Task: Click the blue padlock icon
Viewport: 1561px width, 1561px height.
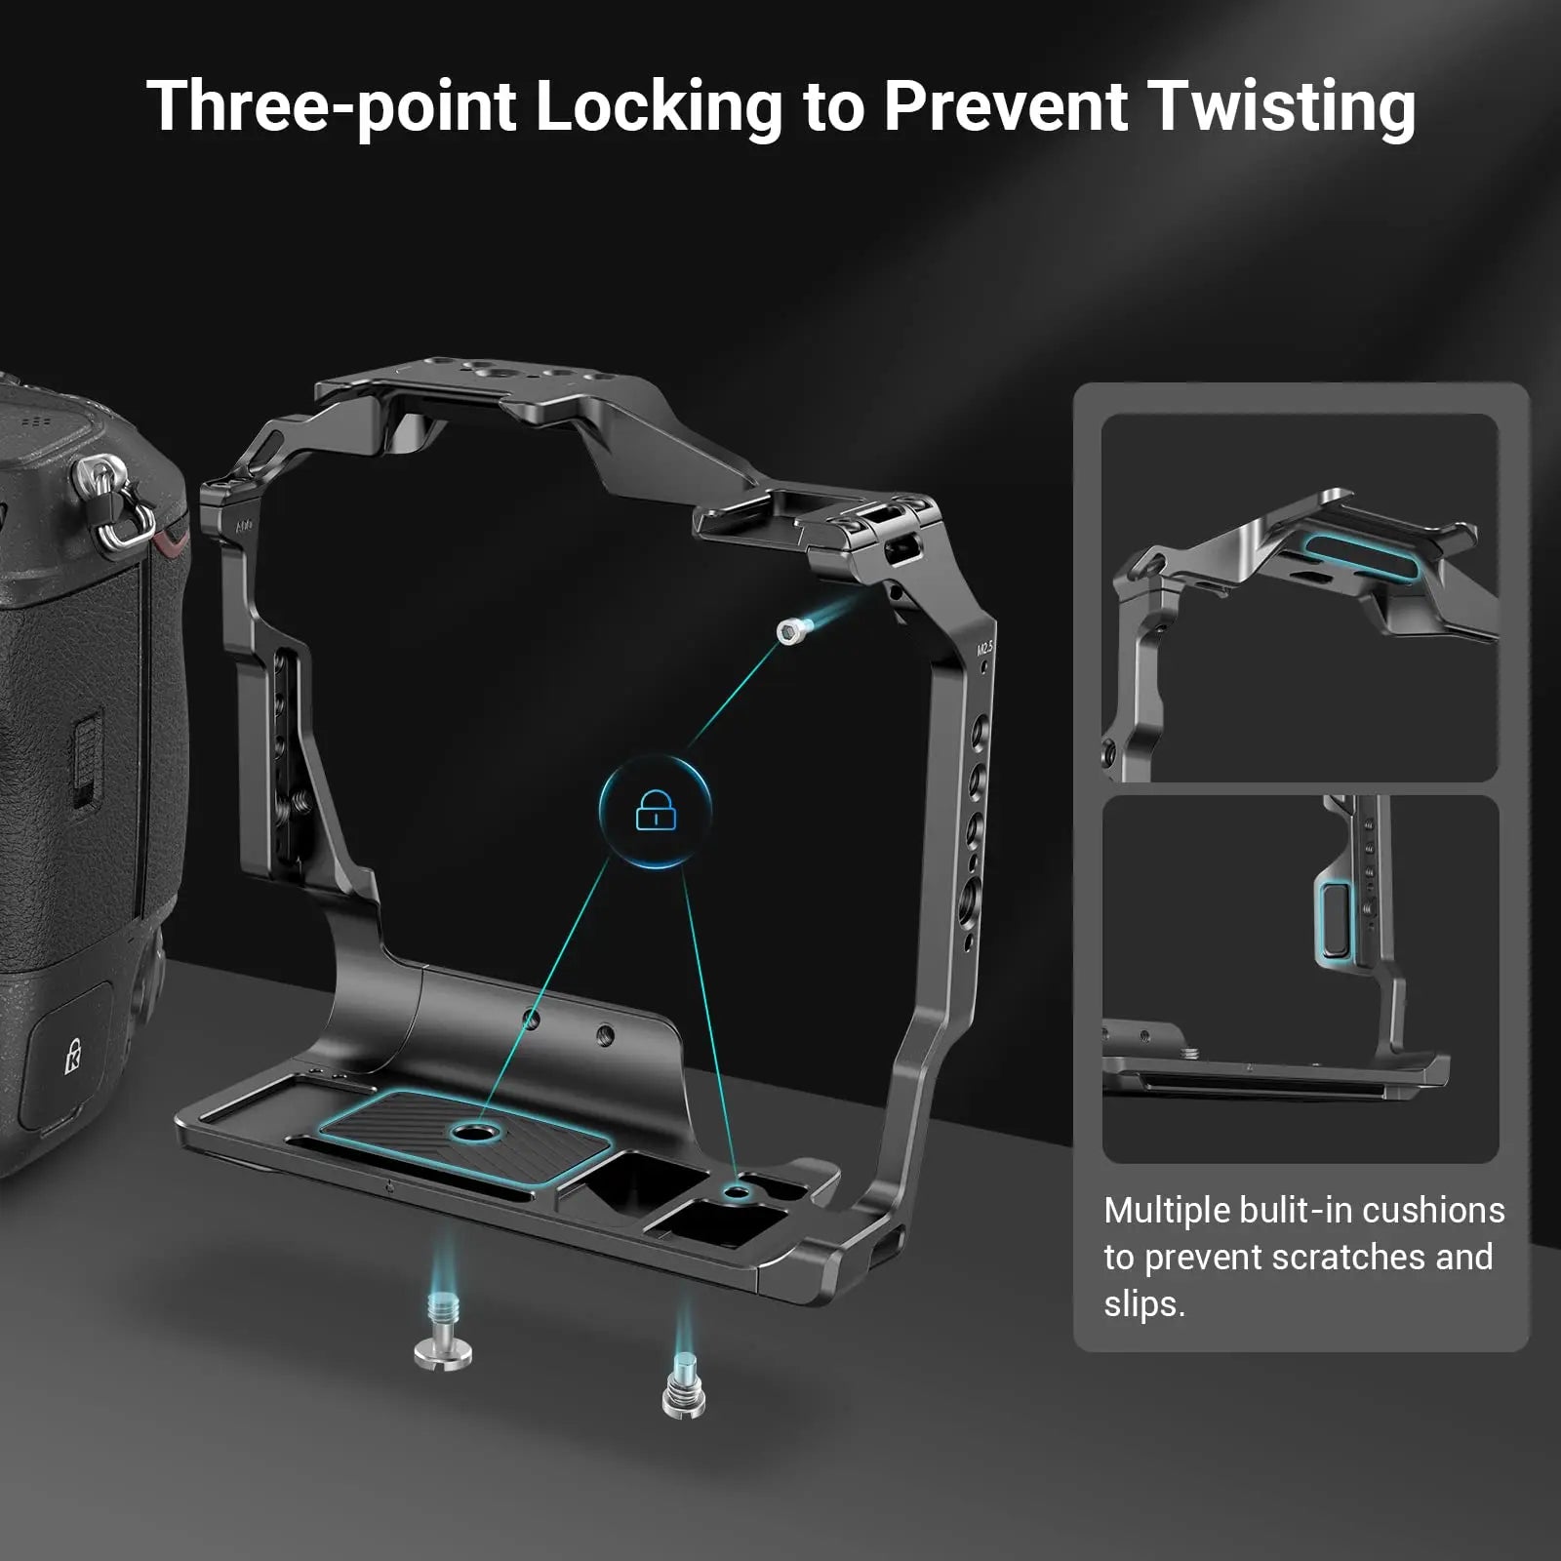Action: (656, 810)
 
